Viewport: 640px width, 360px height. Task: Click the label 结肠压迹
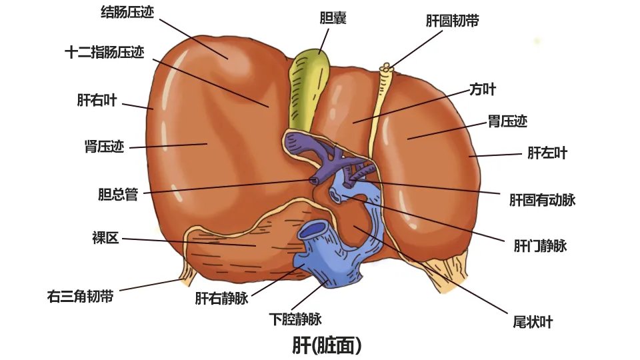tap(127, 12)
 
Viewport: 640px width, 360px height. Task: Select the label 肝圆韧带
tap(452, 21)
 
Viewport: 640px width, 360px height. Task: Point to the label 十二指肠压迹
tap(105, 53)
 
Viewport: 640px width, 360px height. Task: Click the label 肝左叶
tap(547, 153)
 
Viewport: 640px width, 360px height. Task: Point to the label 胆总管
tap(117, 195)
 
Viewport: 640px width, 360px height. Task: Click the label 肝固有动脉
tap(542, 199)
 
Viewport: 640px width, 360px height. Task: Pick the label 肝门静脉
tap(540, 246)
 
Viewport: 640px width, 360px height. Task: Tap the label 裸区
tap(105, 238)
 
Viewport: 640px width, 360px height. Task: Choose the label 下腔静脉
tap(295, 318)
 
